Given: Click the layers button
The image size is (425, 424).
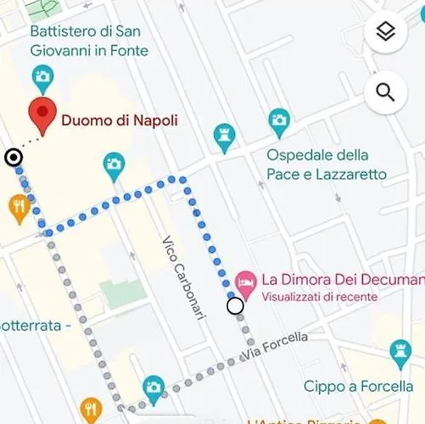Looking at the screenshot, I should pos(386,32).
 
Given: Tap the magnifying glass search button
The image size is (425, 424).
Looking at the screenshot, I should pos(386,92).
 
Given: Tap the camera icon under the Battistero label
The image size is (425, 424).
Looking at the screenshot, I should pos(42,79).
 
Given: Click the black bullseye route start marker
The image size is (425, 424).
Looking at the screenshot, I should pos(14,157).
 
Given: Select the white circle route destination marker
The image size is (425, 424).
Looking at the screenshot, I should pos(235,306).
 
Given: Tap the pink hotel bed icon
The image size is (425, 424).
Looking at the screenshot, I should pos(246,280).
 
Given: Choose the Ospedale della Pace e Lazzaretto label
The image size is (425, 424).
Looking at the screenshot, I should pos(327,165).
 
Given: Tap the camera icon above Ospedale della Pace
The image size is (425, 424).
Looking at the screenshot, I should pos(279,121).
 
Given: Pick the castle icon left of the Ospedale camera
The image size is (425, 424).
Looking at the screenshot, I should pos(223,137).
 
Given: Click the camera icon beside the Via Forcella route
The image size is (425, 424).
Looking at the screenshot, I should pos(154,388).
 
